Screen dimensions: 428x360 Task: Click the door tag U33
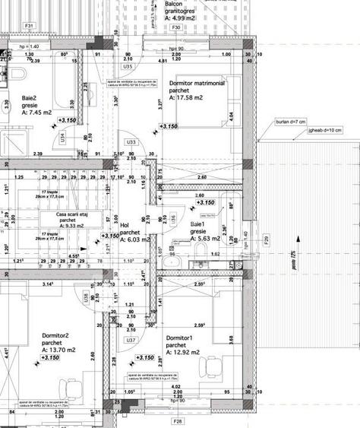pos(131,142)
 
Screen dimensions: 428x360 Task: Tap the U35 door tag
pos(128,67)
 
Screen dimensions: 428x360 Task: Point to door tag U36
pos(174,219)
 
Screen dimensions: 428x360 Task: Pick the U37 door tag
pos(131,341)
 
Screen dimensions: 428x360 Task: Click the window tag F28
pos(178,420)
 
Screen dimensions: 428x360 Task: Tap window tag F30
pos(175,27)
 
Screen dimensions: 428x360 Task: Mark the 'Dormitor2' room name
pos(55,335)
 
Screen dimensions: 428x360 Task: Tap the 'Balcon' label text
pos(175,4)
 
